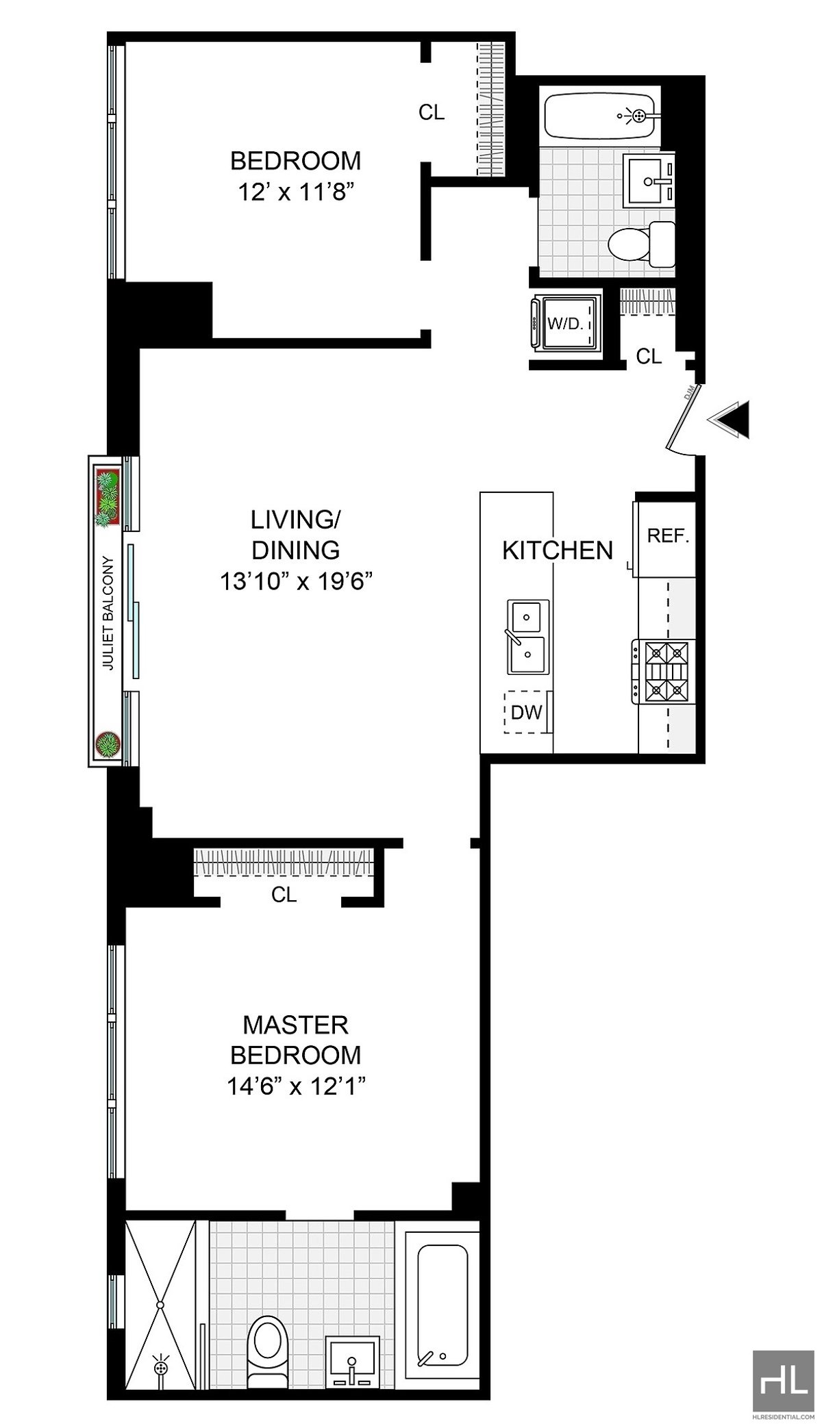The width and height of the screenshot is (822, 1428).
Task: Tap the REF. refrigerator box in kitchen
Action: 667,536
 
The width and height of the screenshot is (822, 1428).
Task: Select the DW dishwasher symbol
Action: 526,712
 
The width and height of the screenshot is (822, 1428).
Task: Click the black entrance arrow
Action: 732,419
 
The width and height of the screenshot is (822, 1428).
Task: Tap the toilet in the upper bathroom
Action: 640,244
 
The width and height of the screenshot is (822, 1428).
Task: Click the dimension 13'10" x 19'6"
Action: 295,583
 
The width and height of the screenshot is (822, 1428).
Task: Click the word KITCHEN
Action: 558,550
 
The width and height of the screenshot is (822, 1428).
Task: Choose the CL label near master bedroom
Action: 284,894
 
